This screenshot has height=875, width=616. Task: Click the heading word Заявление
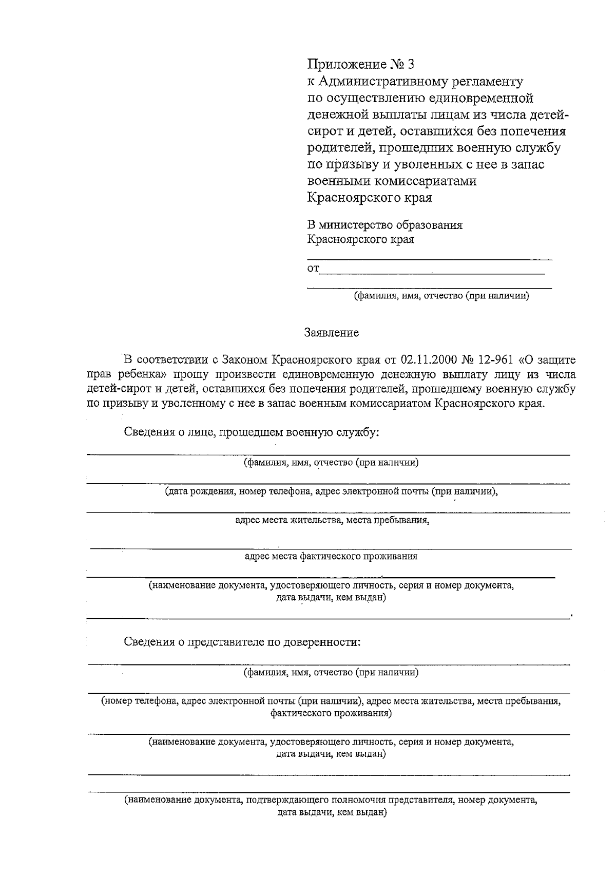point(332,333)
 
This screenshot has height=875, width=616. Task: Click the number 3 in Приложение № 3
point(409,65)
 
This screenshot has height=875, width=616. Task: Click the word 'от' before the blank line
point(313,269)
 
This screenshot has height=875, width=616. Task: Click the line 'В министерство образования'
point(384,225)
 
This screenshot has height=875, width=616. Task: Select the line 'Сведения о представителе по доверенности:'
point(242,642)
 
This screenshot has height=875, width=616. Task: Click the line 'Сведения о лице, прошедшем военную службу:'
point(252,432)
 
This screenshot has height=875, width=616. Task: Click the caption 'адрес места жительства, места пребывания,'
point(332,520)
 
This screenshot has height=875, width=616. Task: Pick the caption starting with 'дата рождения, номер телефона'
point(331,491)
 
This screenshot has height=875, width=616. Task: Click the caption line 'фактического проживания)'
point(331,713)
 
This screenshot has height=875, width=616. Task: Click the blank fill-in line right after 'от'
point(431,272)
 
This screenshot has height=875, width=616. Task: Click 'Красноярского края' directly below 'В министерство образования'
point(360,239)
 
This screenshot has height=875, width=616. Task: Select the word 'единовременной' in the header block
point(481,98)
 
